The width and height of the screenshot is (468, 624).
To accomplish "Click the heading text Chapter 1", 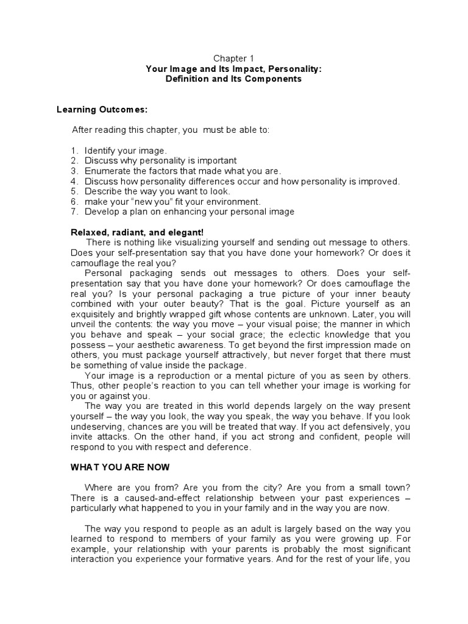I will pos(234,58).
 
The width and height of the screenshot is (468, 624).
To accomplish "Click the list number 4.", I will pos(73,182).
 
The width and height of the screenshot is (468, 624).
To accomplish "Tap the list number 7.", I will pos(73,212).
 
